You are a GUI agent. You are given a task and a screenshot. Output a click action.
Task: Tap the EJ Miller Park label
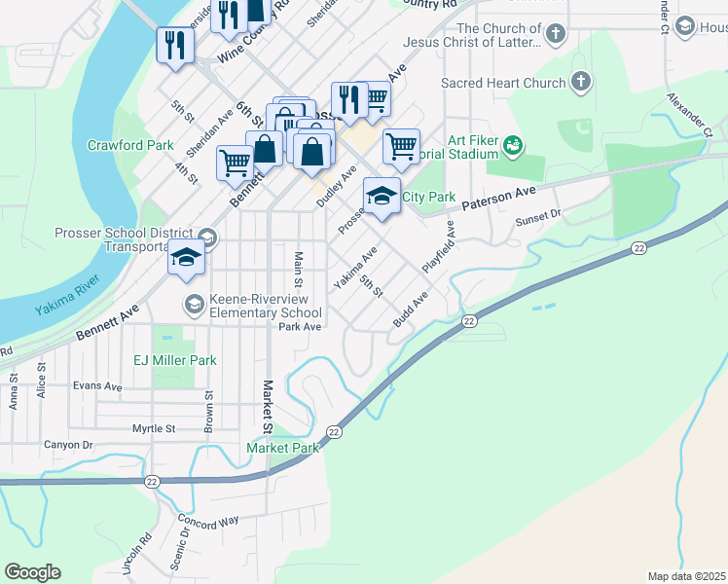175,360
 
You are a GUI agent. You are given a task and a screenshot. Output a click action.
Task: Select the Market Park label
282,448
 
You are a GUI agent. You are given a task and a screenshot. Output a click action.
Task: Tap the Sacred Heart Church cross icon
581,83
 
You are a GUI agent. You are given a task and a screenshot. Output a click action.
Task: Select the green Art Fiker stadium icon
513,147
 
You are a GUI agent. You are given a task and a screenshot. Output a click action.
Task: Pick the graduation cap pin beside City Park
382,196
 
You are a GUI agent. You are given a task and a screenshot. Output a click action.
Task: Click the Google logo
32,572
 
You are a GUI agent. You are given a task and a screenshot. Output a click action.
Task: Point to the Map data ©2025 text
687,576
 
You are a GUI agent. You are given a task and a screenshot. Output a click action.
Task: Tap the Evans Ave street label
97,385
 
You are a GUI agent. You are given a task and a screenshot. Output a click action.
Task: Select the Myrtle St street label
153,428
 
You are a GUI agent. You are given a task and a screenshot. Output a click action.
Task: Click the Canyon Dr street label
67,445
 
